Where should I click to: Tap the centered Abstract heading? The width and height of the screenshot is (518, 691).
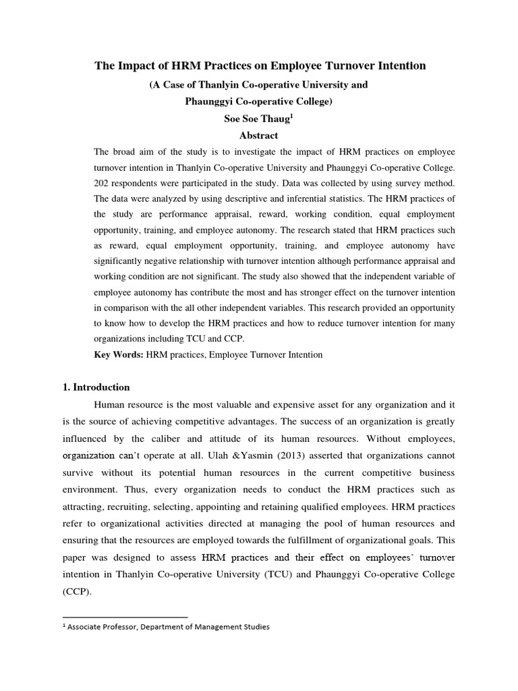click(258, 135)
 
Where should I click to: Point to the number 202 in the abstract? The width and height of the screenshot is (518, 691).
click(102, 183)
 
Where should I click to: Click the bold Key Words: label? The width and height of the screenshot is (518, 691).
click(118, 354)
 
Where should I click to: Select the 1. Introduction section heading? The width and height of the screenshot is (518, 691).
click(101, 387)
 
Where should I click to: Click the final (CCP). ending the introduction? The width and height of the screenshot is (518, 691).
click(77, 592)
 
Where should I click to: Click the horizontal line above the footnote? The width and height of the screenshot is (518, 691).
click(125, 617)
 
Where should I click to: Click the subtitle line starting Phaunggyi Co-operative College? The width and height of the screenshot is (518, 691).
click(258, 101)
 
